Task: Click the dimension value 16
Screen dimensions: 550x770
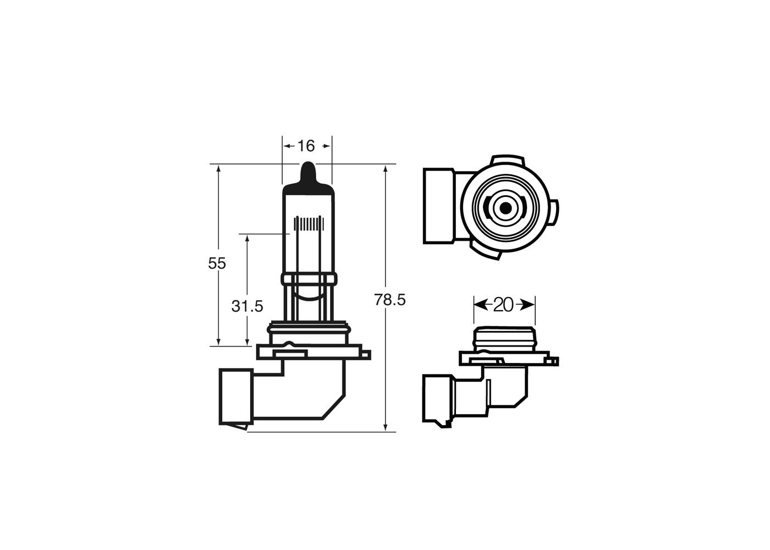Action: click(306, 146)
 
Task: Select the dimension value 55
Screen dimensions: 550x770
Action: click(217, 263)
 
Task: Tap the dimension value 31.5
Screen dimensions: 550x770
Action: click(247, 306)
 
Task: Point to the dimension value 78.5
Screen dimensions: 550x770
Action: click(389, 300)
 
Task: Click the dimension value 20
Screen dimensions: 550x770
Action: click(503, 304)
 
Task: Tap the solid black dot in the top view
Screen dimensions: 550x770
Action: click(505, 208)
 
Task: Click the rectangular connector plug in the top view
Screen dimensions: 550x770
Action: click(439, 206)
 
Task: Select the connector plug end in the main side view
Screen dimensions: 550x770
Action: click(235, 397)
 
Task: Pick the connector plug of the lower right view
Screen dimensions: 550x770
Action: click(437, 398)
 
